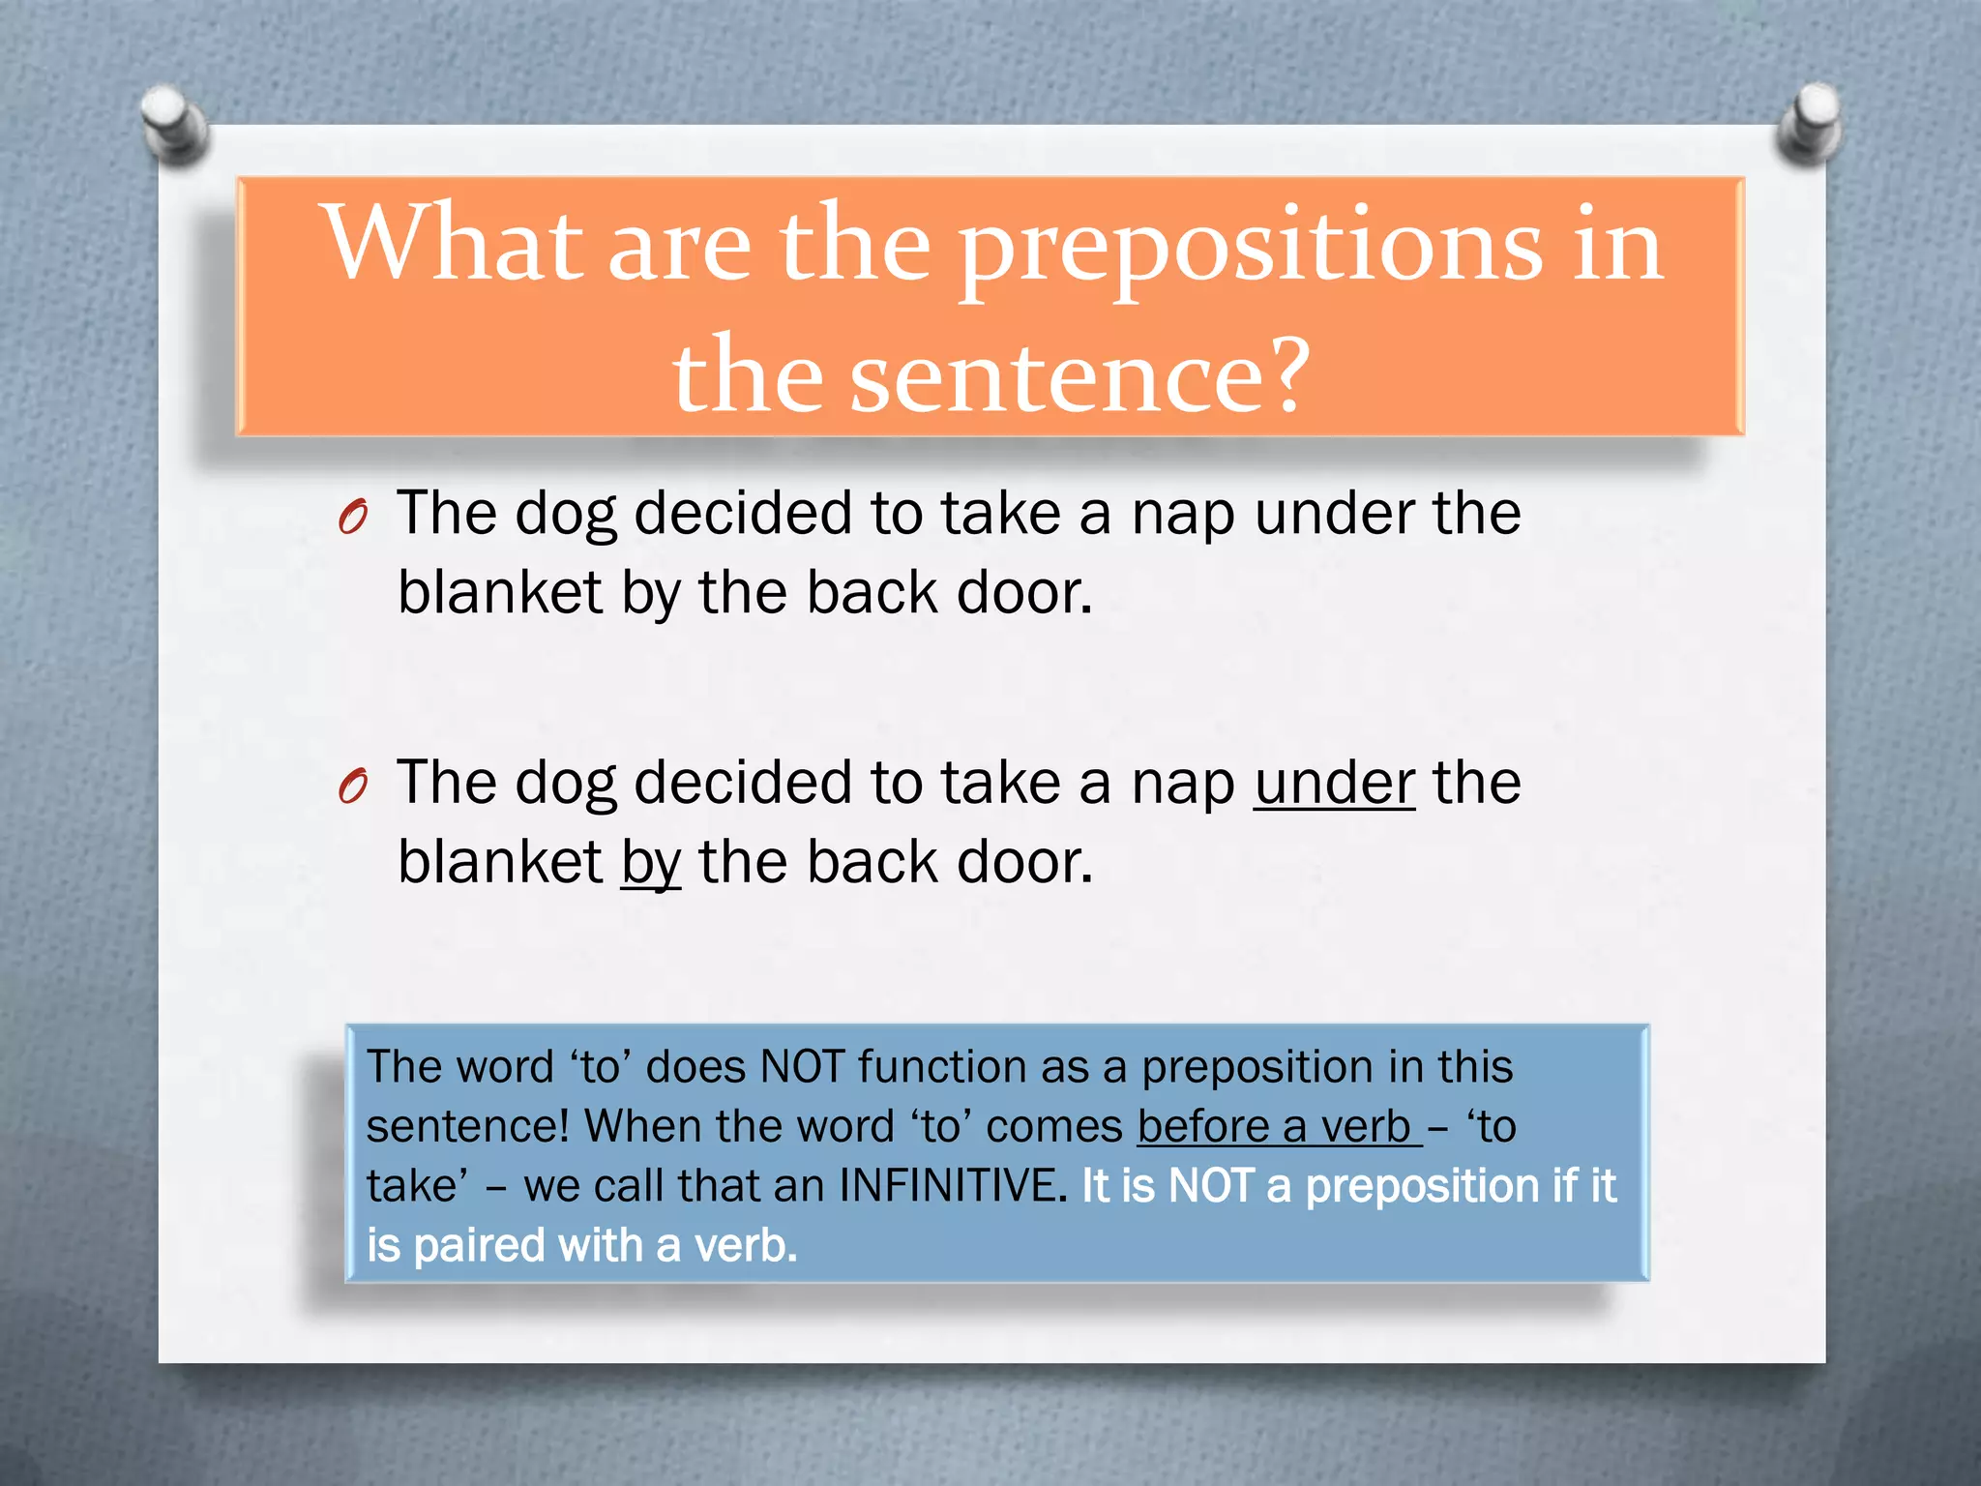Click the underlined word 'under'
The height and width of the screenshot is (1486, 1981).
click(x=1334, y=783)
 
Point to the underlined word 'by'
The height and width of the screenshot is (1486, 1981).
click(x=651, y=862)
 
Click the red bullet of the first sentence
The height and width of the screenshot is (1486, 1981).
click(x=353, y=518)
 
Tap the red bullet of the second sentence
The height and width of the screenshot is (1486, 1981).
click(x=353, y=786)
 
